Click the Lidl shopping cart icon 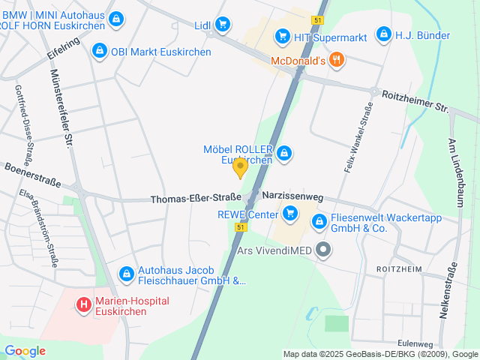[x=222, y=25]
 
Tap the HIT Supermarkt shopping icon [x=282, y=34]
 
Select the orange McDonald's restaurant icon [x=337, y=61]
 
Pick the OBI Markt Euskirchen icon [x=98, y=52]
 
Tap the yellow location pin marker [x=240, y=168]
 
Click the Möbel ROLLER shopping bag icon [x=283, y=154]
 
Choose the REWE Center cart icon [x=290, y=215]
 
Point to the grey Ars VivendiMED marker [x=323, y=250]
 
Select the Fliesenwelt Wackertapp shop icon [x=319, y=221]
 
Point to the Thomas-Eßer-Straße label [x=195, y=199]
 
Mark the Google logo [x=25, y=350]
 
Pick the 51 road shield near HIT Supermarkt [x=319, y=20]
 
